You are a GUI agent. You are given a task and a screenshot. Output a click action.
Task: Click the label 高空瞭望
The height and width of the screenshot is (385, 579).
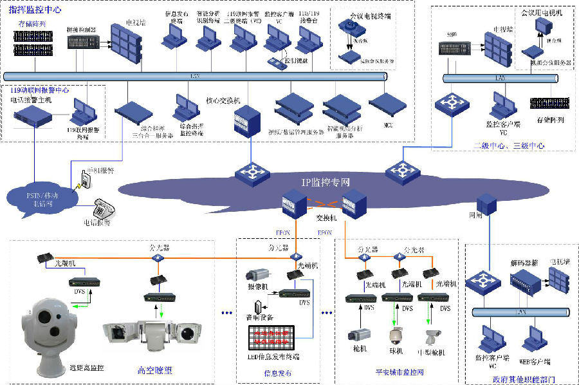coord(154,370)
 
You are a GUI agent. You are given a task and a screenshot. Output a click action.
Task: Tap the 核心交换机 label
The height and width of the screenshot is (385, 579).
coord(223,101)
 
